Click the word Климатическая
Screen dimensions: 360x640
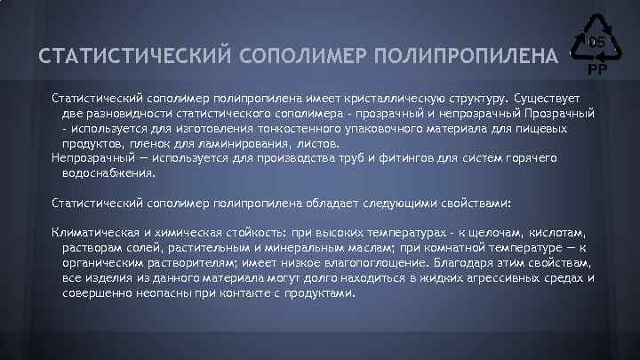[x=94, y=233]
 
